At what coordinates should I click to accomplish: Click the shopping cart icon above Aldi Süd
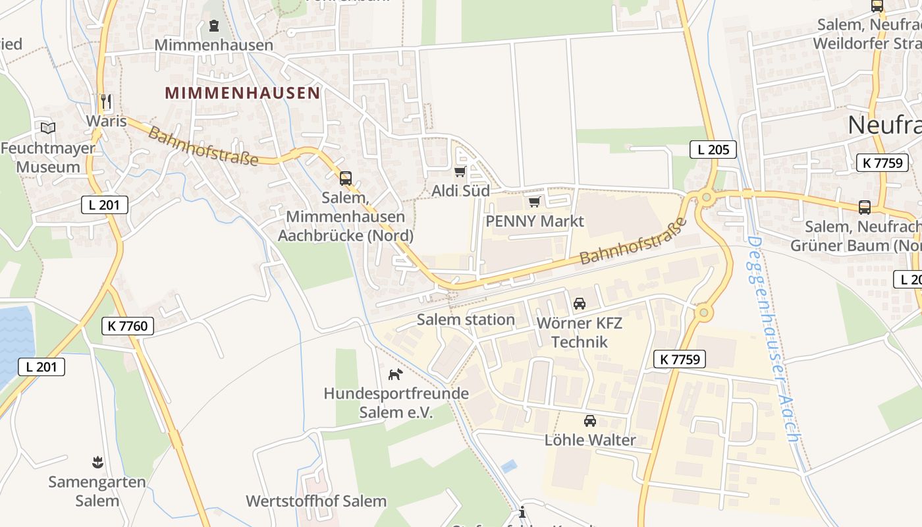[460, 172]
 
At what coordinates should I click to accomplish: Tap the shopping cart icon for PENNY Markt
[534, 202]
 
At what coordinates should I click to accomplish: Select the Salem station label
[466, 320]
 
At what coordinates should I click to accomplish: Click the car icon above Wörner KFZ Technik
[580, 304]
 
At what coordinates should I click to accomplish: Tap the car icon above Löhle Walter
[589, 421]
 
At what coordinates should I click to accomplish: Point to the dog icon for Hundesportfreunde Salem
[395, 375]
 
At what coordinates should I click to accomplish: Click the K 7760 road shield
[128, 325]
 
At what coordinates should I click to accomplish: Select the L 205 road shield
[713, 150]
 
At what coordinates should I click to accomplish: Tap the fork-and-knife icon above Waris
[105, 101]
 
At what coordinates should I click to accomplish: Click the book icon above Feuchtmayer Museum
[47, 128]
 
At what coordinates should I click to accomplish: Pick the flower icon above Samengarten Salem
[97, 462]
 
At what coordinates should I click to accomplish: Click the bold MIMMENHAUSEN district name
[242, 93]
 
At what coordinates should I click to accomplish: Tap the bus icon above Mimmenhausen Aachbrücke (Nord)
[345, 178]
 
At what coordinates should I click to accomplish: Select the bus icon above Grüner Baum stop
[864, 208]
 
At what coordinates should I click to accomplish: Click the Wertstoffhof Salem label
[316, 501]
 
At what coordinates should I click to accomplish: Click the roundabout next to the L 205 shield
[707, 196]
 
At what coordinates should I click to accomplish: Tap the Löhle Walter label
[590, 440]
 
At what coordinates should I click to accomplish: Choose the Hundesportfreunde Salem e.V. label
[396, 403]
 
